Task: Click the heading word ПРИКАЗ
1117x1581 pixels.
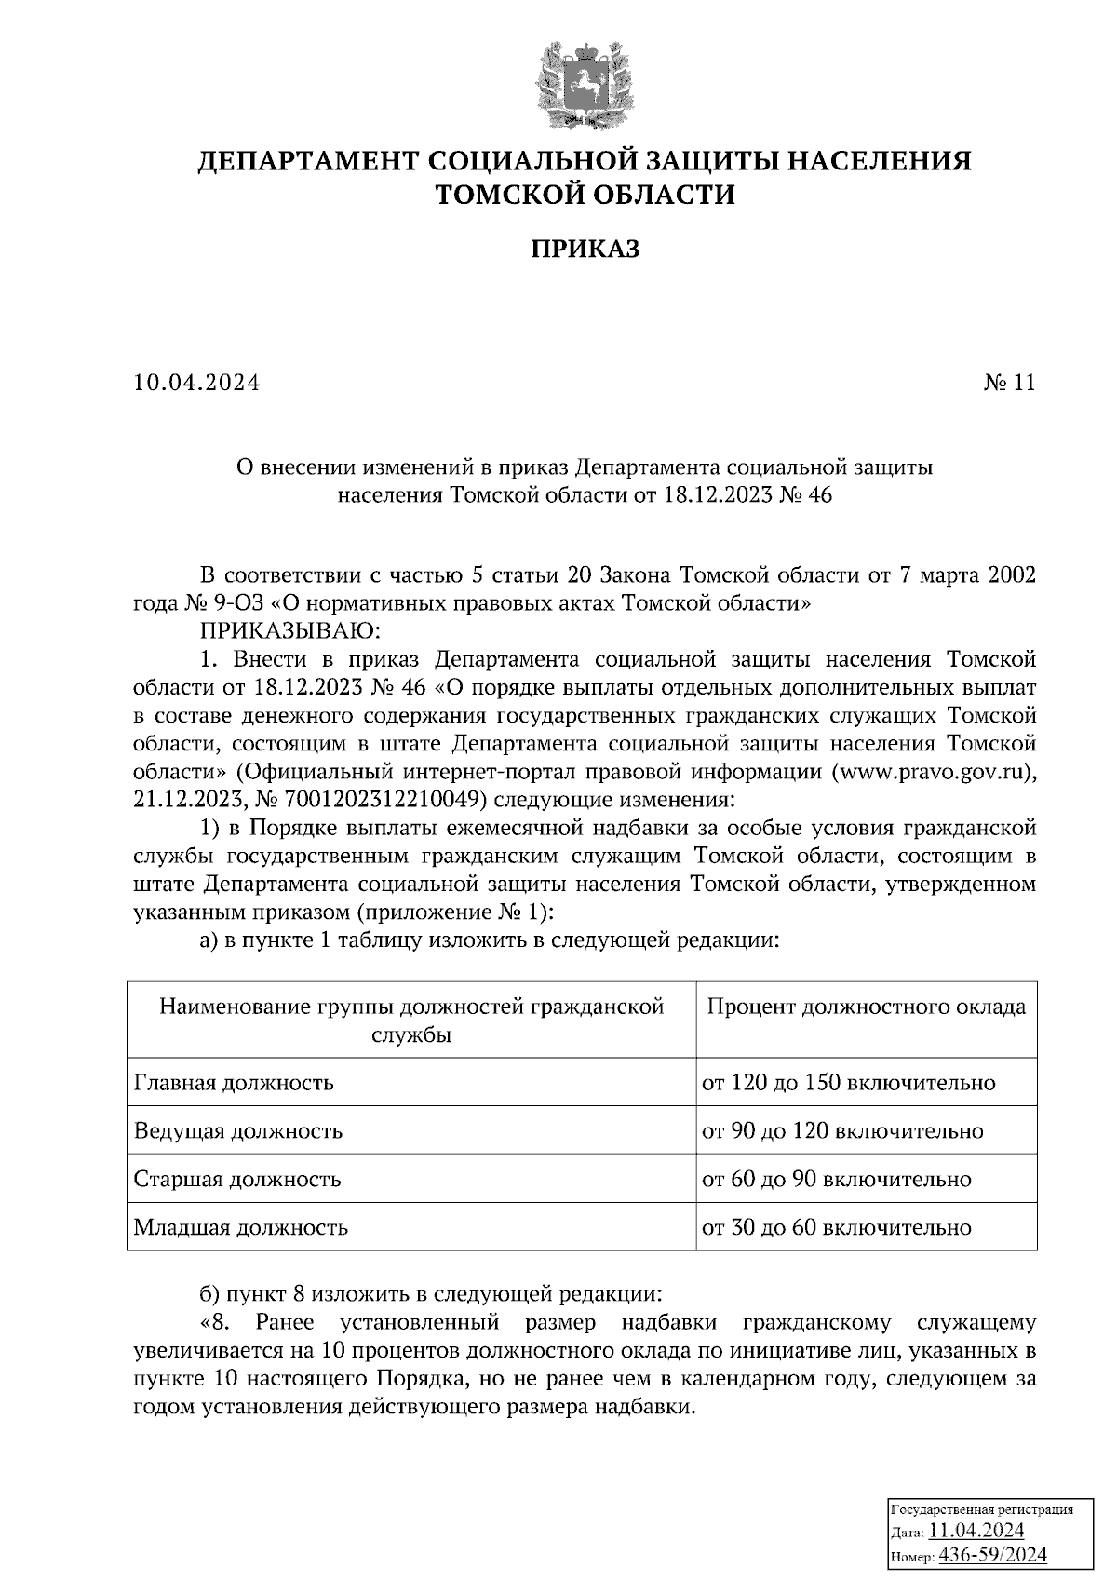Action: tap(585, 250)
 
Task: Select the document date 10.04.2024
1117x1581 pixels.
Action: tap(196, 384)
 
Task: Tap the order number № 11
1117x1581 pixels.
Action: tap(1010, 384)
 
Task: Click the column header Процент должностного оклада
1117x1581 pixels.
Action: tap(867, 1007)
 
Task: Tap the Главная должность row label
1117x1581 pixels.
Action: tap(234, 1083)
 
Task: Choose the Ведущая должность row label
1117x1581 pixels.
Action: tap(238, 1131)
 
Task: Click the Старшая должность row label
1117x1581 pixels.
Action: tap(237, 1180)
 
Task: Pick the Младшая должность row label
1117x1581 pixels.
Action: tap(241, 1228)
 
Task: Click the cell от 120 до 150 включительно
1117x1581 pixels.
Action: tap(848, 1083)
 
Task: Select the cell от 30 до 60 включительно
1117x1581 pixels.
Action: tap(837, 1228)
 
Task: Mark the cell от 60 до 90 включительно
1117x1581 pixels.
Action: tap(837, 1180)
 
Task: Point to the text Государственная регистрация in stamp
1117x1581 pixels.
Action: tap(982, 1509)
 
